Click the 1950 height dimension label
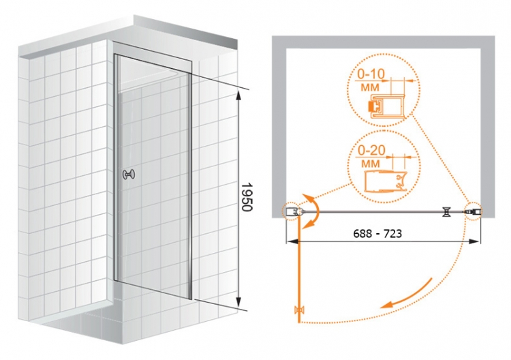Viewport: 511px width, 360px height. [x=247, y=197]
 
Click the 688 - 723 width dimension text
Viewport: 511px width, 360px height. [x=377, y=233]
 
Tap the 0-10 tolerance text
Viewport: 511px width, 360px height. [x=371, y=74]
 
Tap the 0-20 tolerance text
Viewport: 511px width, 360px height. [x=371, y=150]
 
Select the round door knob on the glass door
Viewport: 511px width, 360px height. [x=128, y=175]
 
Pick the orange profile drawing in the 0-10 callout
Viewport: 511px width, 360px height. [x=386, y=106]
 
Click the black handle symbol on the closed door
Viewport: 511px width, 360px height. [x=446, y=212]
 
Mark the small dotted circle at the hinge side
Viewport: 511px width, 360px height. [x=292, y=211]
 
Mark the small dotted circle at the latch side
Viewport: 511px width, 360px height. [x=474, y=211]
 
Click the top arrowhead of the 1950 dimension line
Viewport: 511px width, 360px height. [x=239, y=95]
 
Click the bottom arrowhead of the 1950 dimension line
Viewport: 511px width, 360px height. [x=239, y=301]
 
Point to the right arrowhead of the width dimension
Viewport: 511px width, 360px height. [x=474, y=241]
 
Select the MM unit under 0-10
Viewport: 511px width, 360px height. [x=370, y=87]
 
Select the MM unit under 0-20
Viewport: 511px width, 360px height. [x=370, y=164]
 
